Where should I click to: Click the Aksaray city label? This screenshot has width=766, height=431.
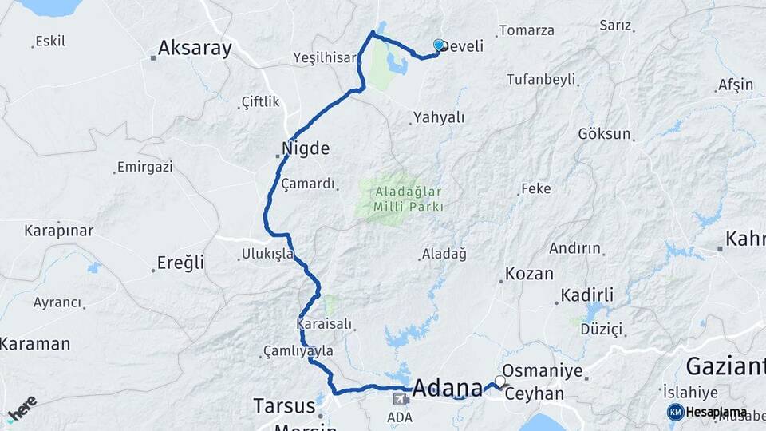pyautogui.click(x=195, y=48)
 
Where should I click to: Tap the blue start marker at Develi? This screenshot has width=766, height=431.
pyautogui.click(x=439, y=45)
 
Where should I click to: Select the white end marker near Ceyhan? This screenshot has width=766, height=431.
pyautogui.click(x=500, y=382)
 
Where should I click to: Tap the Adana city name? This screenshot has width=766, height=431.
pyautogui.click(x=447, y=388)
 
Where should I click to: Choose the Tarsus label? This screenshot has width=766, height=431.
pyautogui.click(x=284, y=405)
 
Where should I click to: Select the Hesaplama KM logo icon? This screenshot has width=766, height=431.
pyautogui.click(x=676, y=412)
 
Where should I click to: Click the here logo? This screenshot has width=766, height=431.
pyautogui.click(x=22, y=408)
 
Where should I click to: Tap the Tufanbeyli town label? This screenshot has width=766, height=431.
pyautogui.click(x=541, y=79)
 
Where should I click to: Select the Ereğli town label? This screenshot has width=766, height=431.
pyautogui.click(x=180, y=263)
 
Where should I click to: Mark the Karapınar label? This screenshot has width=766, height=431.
pyautogui.click(x=58, y=231)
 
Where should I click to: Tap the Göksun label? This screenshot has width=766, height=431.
pyautogui.click(x=604, y=133)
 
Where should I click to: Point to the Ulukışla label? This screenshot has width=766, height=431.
pyautogui.click(x=267, y=255)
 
